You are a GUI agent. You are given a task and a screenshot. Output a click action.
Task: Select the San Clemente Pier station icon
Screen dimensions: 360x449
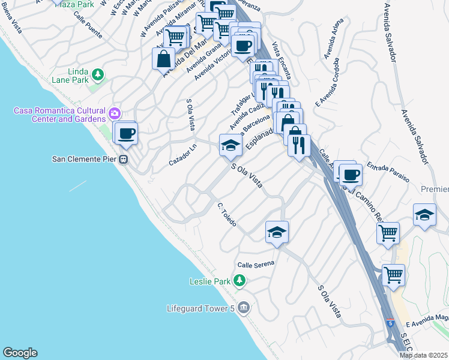coord(124,160)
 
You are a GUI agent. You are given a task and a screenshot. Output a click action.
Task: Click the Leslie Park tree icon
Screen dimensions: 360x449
coord(240,280)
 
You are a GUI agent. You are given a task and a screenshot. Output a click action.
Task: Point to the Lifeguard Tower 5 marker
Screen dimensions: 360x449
coord(243,308)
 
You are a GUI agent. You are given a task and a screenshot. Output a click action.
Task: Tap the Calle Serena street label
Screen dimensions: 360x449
coord(256,264)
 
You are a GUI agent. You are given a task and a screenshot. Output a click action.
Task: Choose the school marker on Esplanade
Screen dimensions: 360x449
coord(230,145)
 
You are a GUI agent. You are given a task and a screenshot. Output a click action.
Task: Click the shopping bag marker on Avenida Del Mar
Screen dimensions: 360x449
coord(164,59)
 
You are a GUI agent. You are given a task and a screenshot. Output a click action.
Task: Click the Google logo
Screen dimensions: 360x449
coord(20,353)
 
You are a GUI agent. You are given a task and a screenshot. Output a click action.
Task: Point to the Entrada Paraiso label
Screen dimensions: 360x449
coord(388,172)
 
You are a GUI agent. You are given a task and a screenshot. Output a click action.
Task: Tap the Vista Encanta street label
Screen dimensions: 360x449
coord(282,61)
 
